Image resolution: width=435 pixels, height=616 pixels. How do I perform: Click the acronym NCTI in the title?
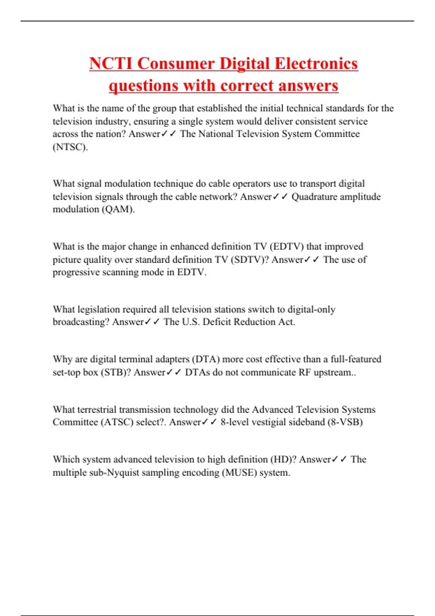(111, 63)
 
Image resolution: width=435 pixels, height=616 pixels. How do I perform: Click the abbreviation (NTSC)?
(70, 147)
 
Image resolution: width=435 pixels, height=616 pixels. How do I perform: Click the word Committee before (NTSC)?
(337, 134)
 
